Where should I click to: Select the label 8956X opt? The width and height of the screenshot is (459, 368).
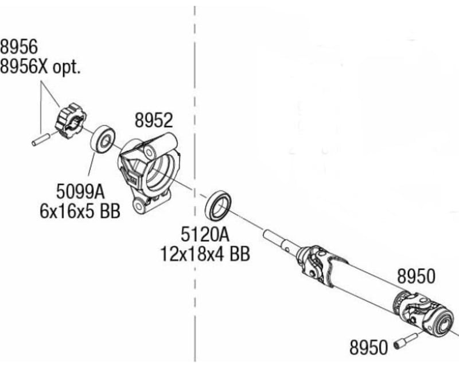pyautogui.click(x=41, y=67)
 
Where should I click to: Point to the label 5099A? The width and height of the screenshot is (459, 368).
pyautogui.click(x=80, y=189)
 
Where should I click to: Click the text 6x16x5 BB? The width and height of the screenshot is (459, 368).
pyautogui.click(x=80, y=210)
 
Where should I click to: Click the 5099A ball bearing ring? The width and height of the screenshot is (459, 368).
pyautogui.click(x=103, y=139)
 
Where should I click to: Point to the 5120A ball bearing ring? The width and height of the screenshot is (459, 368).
pyautogui.click(x=218, y=206)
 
